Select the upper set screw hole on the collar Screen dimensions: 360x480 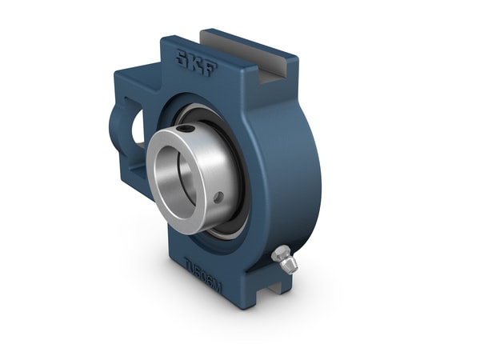186,128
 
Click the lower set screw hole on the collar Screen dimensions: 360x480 218,196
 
